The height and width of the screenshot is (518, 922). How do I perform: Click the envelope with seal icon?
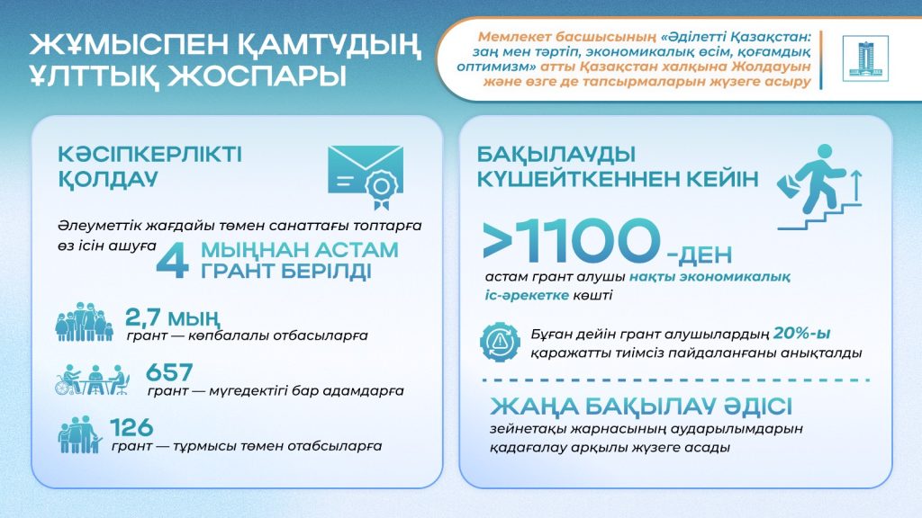[x=366, y=177]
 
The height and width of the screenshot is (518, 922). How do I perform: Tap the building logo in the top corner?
[x=865, y=58]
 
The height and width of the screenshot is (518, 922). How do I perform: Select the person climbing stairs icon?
[x=819, y=187]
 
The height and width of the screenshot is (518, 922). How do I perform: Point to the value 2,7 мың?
[x=172, y=317]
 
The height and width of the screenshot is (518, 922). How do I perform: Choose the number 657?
[x=169, y=372]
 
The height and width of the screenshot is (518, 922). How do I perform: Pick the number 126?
[x=131, y=427]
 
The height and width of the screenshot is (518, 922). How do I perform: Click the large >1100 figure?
[x=571, y=240]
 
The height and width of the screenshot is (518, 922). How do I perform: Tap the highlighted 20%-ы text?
[x=802, y=333]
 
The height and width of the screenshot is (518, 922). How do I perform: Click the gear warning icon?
[x=500, y=342]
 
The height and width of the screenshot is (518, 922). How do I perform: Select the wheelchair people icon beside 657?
[x=92, y=380]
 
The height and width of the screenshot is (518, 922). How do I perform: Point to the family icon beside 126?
[x=80, y=434]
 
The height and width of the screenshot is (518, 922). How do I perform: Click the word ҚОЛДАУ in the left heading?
[x=108, y=179]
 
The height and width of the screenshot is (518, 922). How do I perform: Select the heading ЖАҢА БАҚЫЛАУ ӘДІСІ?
[x=641, y=406]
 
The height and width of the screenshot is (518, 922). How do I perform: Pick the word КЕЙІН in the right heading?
[x=720, y=179]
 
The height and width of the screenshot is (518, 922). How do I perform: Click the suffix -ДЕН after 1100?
[x=699, y=255]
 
